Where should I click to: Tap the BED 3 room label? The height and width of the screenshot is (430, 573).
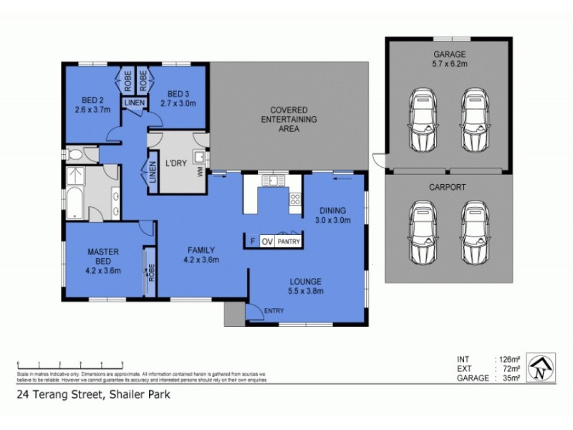click(x=178, y=94)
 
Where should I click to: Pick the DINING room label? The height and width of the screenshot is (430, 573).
click(x=333, y=211)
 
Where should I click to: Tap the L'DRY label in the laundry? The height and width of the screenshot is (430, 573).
click(x=176, y=163)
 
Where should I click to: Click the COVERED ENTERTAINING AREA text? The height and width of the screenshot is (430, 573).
click(x=289, y=120)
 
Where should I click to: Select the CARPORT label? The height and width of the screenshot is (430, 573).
click(x=449, y=187)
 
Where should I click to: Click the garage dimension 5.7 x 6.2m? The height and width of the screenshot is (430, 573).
click(x=449, y=64)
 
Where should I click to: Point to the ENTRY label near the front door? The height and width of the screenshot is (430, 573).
click(x=274, y=310)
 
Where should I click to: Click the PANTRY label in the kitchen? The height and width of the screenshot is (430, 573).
click(x=289, y=242)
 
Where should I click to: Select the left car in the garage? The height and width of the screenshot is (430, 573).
click(x=422, y=120)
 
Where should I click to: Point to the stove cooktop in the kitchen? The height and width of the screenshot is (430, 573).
click(x=294, y=200)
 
